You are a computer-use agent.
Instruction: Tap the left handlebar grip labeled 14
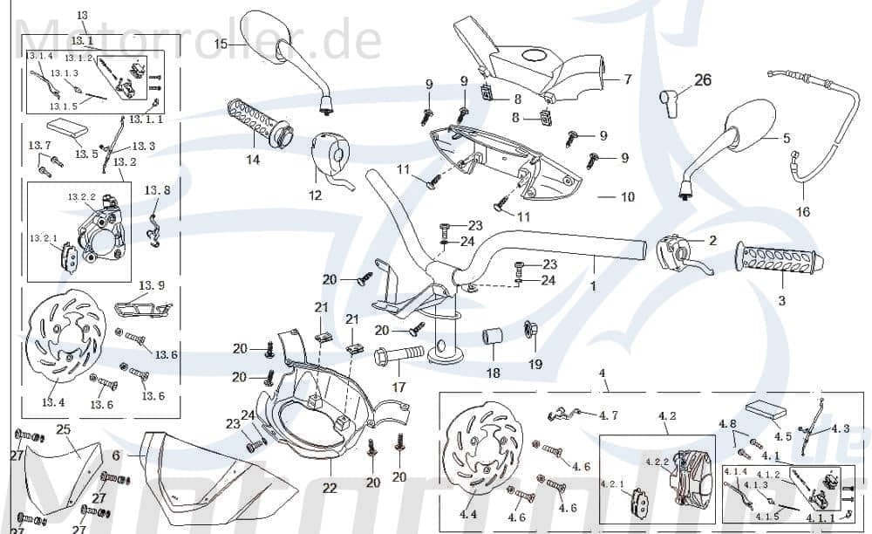click(x=259, y=123)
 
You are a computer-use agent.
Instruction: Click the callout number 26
click(x=703, y=80)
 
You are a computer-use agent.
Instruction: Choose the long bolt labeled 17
click(x=399, y=355)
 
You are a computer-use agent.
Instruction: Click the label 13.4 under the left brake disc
click(x=53, y=402)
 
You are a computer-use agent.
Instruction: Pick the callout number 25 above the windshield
click(x=63, y=428)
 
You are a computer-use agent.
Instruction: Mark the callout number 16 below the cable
click(x=803, y=211)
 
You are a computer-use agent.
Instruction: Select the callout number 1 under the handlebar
click(x=594, y=285)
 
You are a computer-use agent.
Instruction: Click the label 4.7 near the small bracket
click(x=609, y=414)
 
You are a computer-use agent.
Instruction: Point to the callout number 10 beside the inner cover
click(x=627, y=197)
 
